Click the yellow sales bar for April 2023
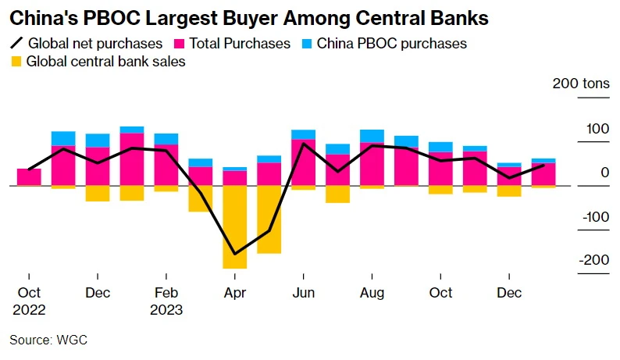click(235, 226)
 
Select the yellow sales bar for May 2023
click(269, 219)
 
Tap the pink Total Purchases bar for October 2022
click(29, 177)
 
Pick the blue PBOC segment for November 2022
click(63, 138)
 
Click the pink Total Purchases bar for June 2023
click(303, 162)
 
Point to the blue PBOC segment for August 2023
click(372, 136)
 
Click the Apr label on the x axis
click(235, 293)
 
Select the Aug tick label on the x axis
click(372, 293)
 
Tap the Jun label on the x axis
click(303, 293)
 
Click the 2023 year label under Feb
click(166, 309)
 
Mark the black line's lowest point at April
click(235, 255)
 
